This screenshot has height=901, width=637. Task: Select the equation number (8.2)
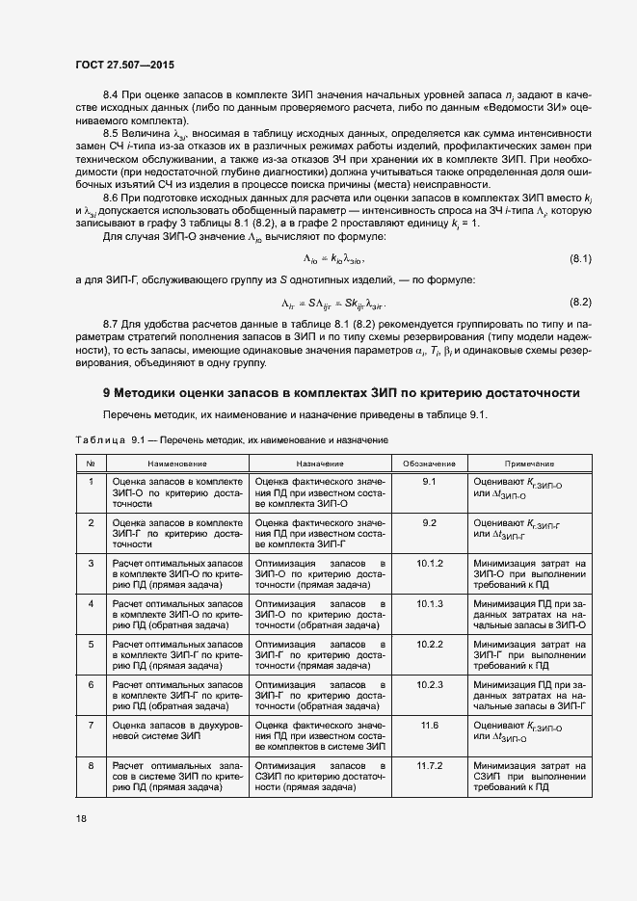click(580, 302)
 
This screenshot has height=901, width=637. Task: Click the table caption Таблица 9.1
click(231, 439)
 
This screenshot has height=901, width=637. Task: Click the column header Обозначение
click(429, 464)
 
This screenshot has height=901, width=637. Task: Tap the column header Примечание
click(528, 464)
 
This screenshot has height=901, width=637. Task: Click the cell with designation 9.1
click(429, 480)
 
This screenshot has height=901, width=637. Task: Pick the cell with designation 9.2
click(429, 521)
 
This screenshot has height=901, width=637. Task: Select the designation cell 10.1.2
click(429, 562)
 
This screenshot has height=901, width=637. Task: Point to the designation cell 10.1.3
click(429, 603)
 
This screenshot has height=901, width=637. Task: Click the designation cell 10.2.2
click(429, 644)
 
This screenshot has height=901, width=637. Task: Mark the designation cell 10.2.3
click(429, 684)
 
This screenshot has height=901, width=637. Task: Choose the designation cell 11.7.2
click(429, 765)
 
